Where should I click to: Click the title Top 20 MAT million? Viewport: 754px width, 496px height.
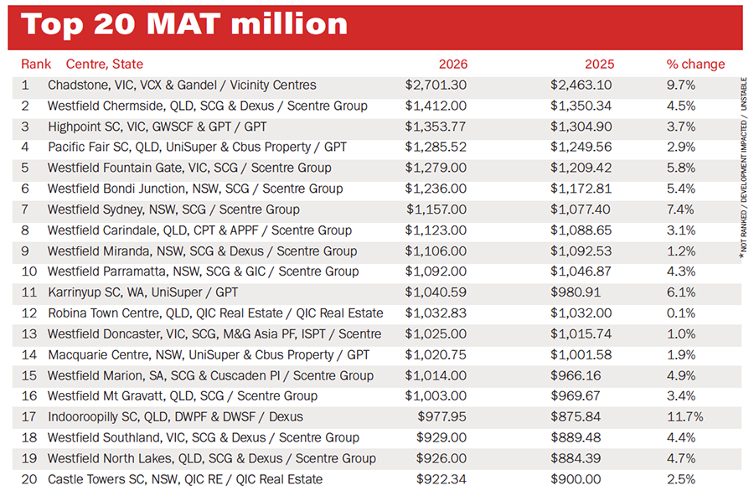[x=184, y=23]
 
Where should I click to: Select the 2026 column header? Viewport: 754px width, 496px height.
[x=453, y=64]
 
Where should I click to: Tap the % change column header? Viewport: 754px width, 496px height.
[x=695, y=64]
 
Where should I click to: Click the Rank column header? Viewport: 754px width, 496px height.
[x=36, y=64]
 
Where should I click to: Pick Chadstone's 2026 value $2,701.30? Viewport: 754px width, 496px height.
[x=436, y=85]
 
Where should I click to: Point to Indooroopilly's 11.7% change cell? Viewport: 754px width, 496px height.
[x=684, y=416]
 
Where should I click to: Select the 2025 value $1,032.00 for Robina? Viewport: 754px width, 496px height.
[x=581, y=313]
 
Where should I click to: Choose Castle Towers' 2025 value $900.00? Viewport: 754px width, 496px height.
[x=577, y=479]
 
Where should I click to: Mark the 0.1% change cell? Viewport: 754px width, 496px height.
[x=681, y=313]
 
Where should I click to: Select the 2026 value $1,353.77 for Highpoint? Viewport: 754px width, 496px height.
[x=436, y=127]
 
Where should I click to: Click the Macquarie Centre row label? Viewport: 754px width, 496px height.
[x=209, y=354]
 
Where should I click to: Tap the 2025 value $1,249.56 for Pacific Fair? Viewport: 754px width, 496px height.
[x=581, y=147]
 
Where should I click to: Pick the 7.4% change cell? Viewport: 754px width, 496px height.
[x=681, y=209]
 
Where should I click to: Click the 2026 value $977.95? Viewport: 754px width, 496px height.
[x=442, y=416]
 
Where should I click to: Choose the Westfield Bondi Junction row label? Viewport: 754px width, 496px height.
[x=195, y=189]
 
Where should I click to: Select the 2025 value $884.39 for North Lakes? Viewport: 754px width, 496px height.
[x=577, y=458]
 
